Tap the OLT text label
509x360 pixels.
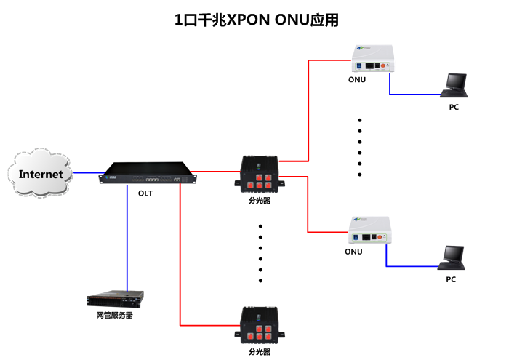(x=145, y=193)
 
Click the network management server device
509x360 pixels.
(x=115, y=298)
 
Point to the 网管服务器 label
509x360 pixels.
(x=115, y=316)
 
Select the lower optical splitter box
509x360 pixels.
(x=260, y=324)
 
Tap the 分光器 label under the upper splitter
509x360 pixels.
(x=259, y=200)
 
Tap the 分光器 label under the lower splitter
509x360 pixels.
(x=260, y=351)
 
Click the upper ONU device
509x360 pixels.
(x=372, y=60)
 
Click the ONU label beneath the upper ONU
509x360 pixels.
(x=356, y=80)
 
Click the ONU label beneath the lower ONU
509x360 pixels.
(x=353, y=252)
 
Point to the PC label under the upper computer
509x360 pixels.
(x=454, y=107)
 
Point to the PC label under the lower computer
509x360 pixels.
(x=451, y=279)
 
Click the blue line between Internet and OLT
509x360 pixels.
(x=86, y=173)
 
